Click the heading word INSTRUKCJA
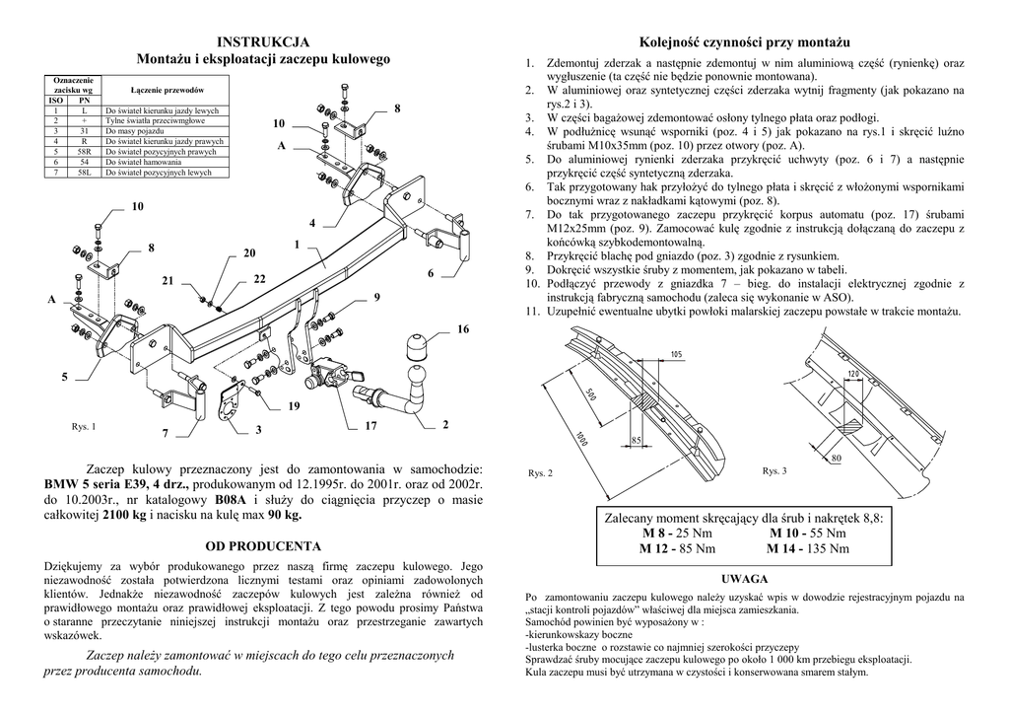click(x=263, y=41)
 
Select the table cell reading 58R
click(x=85, y=153)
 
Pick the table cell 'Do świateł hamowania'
click(x=144, y=162)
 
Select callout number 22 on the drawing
click(x=259, y=280)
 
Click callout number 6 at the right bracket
click(x=430, y=272)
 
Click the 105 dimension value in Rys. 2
click(x=676, y=353)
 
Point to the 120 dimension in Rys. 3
click(x=853, y=374)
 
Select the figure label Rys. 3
click(x=774, y=470)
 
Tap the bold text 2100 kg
click(x=124, y=515)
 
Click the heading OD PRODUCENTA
click(x=262, y=545)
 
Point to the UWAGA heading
click(x=745, y=580)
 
